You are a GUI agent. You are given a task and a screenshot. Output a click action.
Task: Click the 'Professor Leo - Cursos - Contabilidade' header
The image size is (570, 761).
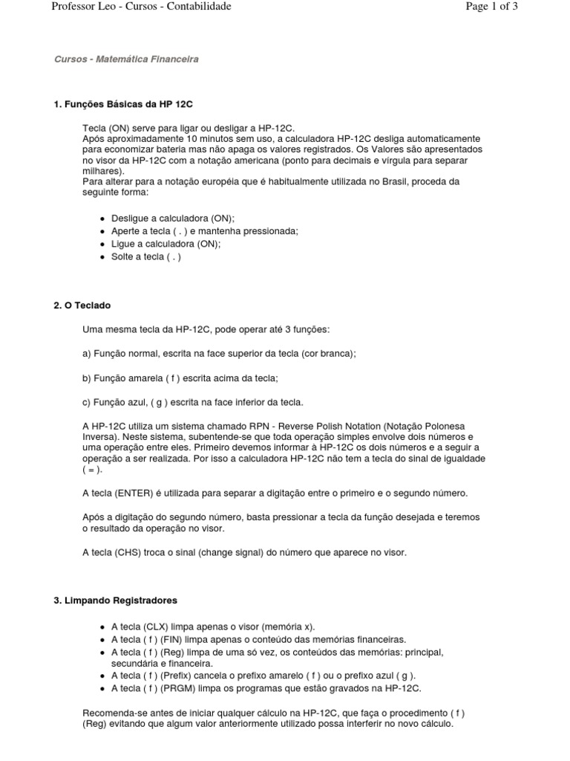[x=141, y=7]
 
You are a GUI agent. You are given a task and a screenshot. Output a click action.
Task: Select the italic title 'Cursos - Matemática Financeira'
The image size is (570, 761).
[x=127, y=59]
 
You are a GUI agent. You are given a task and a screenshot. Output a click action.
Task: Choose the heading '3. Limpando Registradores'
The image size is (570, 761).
[x=115, y=600]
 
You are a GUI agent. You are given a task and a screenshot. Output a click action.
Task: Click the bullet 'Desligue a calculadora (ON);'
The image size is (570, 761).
[x=172, y=218]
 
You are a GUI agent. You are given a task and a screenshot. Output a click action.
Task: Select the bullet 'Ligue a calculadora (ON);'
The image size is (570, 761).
[x=166, y=244]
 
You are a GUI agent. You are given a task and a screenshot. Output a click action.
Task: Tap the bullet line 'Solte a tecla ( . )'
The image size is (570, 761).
[x=146, y=256]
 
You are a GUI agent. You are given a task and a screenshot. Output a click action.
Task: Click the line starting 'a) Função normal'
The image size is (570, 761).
[x=219, y=354]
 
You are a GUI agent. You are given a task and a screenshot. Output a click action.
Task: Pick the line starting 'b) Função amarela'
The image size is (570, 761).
[x=180, y=378]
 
